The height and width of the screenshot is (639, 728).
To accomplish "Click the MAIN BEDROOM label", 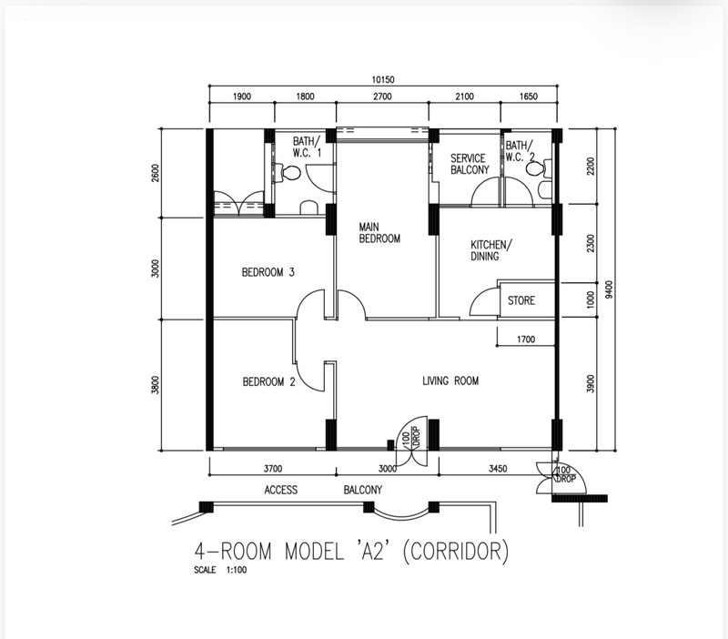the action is coord(379,233).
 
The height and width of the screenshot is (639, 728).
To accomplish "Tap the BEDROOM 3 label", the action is coord(268,272).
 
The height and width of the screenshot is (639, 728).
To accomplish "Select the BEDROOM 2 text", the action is coord(268,381).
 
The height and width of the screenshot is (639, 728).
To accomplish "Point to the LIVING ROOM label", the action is coord(450,380).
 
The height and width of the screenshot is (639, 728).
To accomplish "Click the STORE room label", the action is coord(521,300).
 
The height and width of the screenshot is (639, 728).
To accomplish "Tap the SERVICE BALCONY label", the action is coord(470,164).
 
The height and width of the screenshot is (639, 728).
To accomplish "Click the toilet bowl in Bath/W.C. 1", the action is coord(291,173).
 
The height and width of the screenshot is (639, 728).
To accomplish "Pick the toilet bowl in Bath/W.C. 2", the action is coord(535,169).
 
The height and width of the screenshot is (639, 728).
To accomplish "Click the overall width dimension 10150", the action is coord(382,79).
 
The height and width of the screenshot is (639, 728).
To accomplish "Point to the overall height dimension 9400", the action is coord(609,289).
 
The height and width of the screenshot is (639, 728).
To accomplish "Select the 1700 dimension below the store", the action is coord(526,340).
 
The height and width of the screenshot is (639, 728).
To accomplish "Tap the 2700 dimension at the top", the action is coord(382,96).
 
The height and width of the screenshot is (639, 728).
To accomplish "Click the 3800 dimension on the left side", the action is coord(155,385).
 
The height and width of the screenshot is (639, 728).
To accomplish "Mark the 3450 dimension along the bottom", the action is coord(498,469).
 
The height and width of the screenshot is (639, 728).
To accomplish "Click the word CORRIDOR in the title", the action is coord(457,552).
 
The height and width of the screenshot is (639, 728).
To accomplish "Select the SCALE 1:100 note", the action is coord(220,570).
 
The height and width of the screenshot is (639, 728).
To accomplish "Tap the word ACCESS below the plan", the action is coord(281,490).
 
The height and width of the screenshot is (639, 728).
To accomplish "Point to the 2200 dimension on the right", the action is coord(590,167).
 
